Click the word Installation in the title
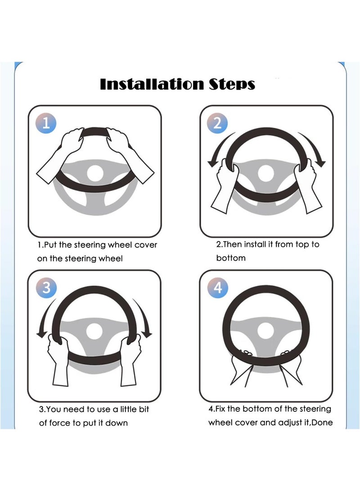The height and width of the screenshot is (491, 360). pos(152,84)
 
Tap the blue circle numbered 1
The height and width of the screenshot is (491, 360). pos(46,123)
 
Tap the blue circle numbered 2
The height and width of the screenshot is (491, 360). pos(217,123)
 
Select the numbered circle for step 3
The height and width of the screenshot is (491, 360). pos(46,288)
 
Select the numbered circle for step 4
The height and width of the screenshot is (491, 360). pos(217,288)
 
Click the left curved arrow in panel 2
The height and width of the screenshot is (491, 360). pos(219,149)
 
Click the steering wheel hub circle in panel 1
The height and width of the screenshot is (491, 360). pos(95,173)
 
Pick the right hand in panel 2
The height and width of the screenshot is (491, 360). pos(307,185)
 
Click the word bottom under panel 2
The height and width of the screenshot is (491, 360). pos(231,258)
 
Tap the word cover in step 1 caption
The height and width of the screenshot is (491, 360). pos(145,245)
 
